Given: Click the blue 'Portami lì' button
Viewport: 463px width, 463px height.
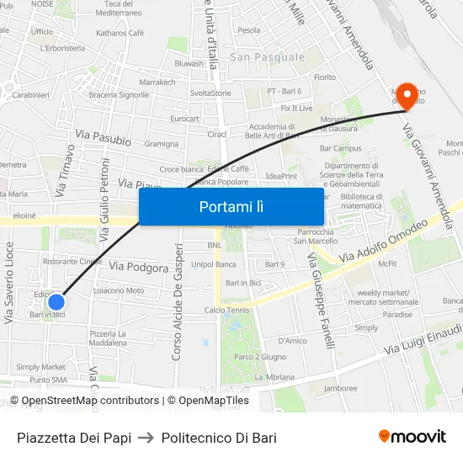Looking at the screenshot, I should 231,206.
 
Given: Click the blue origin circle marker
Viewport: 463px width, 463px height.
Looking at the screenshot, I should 56,301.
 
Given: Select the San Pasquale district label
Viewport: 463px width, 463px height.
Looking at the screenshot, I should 267,57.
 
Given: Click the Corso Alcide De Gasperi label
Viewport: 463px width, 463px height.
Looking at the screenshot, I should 178,302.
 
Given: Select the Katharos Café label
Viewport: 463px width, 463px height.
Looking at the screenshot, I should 120,33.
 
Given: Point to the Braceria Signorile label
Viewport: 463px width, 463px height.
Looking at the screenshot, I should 119,95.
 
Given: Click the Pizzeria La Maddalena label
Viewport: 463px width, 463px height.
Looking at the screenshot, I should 108,338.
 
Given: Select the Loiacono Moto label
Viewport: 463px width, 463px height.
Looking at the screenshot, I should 118,290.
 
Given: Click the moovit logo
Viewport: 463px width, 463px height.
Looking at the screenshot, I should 412,436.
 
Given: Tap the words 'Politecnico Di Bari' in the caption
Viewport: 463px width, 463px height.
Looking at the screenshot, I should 219,438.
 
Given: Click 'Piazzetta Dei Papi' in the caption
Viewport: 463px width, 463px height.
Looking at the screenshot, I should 74,438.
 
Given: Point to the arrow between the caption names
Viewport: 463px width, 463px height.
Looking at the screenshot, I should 146,438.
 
